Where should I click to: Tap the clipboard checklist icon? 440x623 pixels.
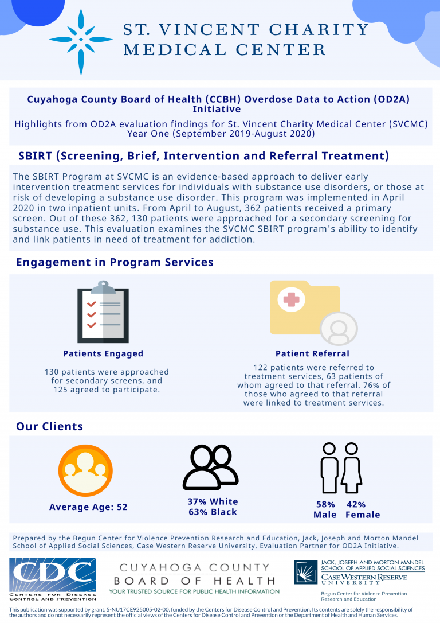point(103,312)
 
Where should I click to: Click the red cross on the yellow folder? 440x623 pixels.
point(292,299)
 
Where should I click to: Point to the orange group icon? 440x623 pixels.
point(85,471)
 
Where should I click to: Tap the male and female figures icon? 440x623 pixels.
point(341,468)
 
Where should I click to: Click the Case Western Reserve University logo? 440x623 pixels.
point(360,573)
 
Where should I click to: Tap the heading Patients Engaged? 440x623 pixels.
point(103,353)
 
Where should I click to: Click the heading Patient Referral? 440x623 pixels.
point(312,353)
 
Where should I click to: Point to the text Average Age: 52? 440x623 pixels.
point(88,507)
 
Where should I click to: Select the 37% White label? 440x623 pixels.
point(213,501)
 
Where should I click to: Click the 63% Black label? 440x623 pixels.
point(213,512)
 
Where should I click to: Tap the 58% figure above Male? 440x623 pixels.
point(325,504)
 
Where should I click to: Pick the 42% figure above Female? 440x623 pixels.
point(356,504)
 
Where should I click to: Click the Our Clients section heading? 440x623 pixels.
point(49,426)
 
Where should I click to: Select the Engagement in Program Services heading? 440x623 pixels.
point(115,262)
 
